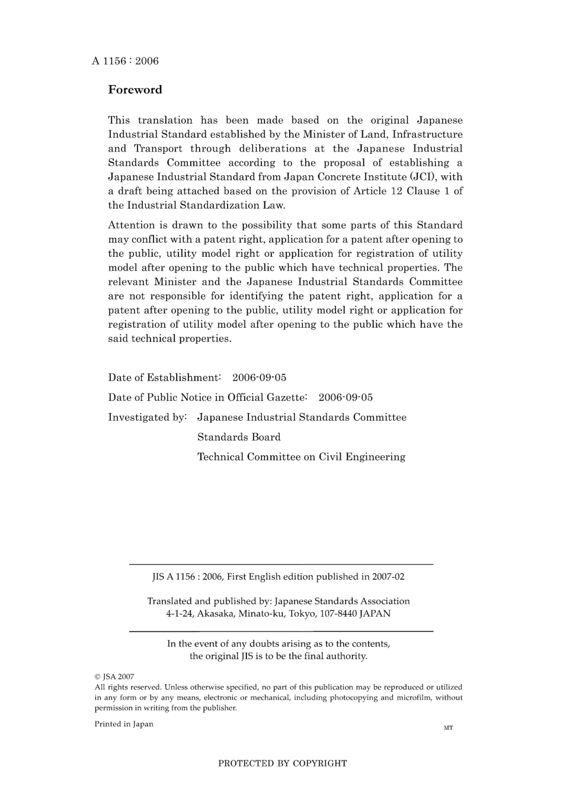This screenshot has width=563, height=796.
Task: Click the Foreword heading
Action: coord(135,90)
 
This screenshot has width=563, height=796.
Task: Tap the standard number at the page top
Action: coord(125,61)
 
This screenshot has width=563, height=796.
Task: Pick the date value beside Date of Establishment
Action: coord(259,378)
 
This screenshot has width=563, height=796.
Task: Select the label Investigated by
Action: coord(147,417)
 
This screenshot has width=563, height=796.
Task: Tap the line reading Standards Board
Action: coord(239,437)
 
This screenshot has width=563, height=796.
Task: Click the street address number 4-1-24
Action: coord(180,614)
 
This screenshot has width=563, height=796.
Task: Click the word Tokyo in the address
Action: coord(302,614)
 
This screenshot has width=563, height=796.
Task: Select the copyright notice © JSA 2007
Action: coord(114,676)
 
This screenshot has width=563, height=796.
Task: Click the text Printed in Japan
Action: coord(124,724)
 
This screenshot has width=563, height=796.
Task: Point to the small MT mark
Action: coord(448,728)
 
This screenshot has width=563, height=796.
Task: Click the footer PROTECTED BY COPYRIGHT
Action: coord(282,763)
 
